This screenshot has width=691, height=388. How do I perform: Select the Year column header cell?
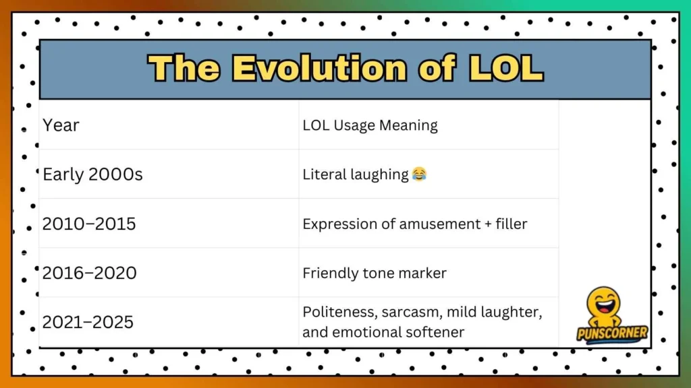(x=61, y=125)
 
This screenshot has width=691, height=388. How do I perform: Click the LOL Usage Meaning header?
(x=370, y=125)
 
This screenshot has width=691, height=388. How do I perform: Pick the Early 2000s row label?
(x=92, y=174)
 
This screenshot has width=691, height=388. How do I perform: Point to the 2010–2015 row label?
(x=89, y=224)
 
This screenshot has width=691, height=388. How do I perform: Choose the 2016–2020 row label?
(x=89, y=273)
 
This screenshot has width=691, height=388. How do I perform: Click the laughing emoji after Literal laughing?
(x=419, y=175)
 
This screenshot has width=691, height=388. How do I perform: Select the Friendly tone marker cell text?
(x=375, y=273)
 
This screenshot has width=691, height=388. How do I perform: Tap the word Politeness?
(x=339, y=313)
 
